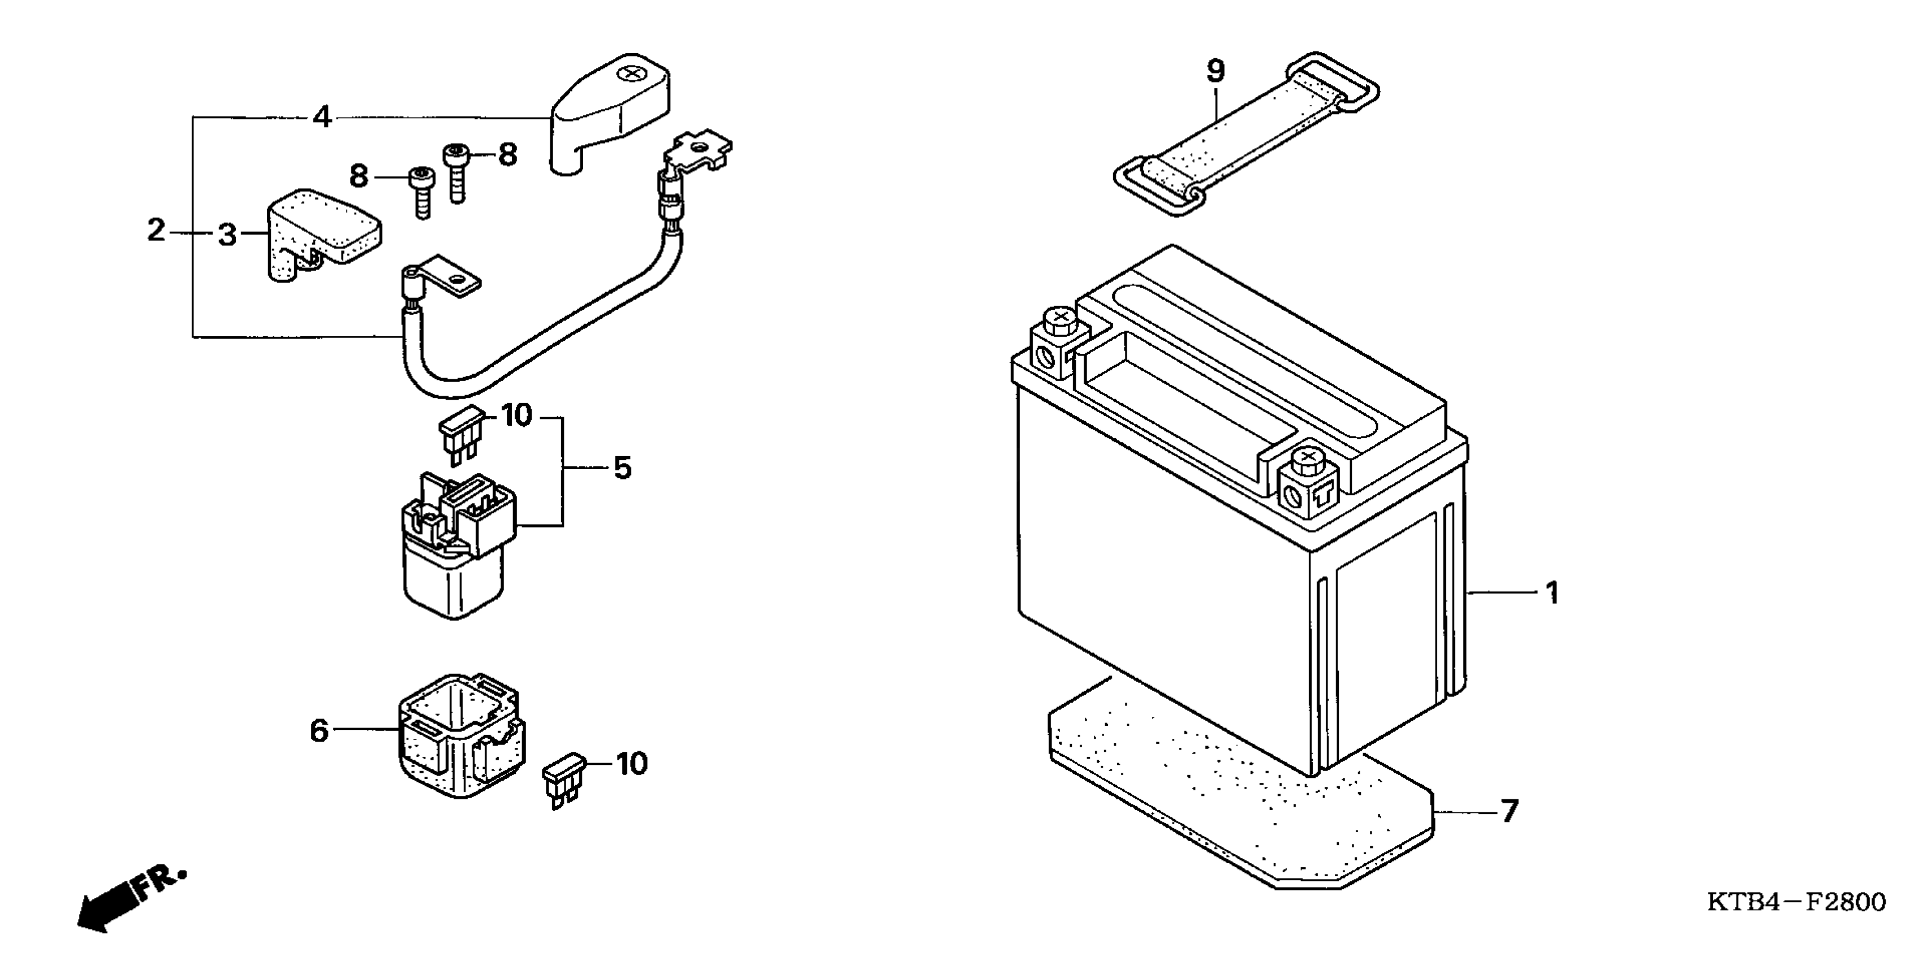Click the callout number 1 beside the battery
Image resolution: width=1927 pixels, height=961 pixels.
tap(1552, 593)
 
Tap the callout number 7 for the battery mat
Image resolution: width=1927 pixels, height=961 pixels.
tap(1509, 811)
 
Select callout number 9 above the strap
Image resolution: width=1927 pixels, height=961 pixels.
tap(1215, 72)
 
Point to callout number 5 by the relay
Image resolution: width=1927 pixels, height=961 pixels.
tap(622, 468)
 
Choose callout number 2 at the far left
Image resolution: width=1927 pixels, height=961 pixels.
tap(156, 230)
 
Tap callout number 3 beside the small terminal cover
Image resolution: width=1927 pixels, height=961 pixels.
tap(227, 235)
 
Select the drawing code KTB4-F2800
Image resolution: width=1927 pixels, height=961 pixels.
tap(1795, 902)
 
